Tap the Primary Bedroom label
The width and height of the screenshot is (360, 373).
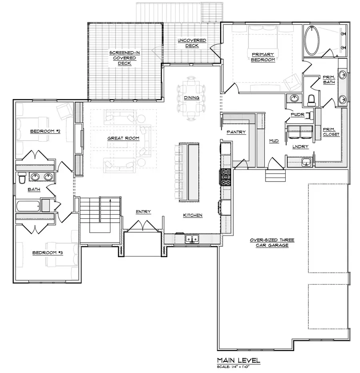click(263, 57)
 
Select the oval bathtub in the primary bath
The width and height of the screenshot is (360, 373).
click(312, 41)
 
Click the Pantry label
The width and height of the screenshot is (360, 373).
click(236, 132)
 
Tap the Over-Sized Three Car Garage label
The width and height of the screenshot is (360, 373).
click(272, 242)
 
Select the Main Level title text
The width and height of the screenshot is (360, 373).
click(238, 361)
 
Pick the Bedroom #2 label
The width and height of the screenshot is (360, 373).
click(45, 131)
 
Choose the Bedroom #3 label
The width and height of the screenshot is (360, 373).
click(47, 253)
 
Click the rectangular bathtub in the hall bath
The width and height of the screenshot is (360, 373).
click(28, 206)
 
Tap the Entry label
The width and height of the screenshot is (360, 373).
click(143, 212)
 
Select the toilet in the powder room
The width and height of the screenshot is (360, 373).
click(311, 99)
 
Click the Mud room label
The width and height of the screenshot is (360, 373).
click(274, 141)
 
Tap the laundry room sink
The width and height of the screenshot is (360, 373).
click(307, 162)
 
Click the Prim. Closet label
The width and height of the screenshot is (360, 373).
click(331, 132)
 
